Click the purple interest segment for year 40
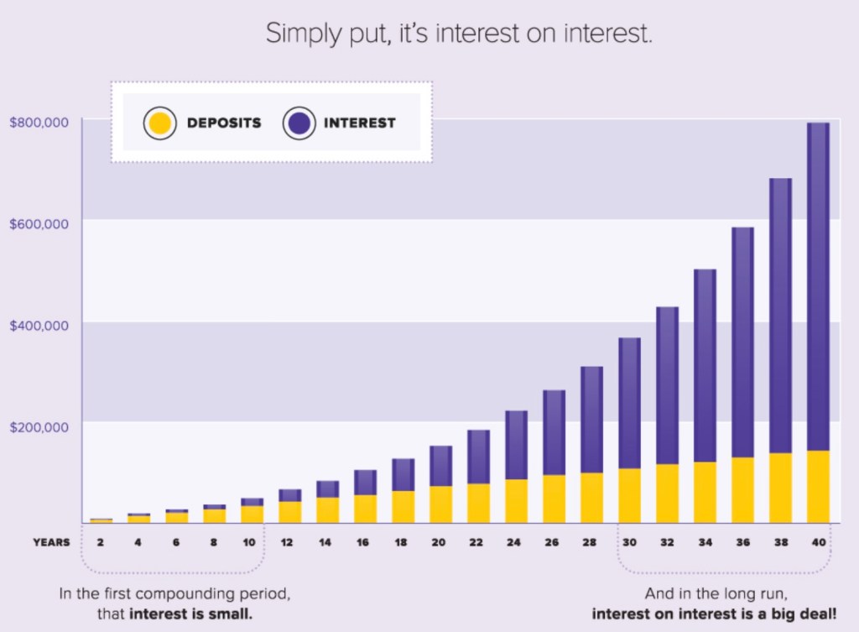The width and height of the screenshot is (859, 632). [x=818, y=285]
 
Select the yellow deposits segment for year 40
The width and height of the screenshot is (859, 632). [x=818, y=487]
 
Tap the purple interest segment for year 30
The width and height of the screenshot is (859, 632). [x=629, y=403]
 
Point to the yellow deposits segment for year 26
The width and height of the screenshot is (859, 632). [x=554, y=499]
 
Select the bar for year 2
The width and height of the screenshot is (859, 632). [x=101, y=520]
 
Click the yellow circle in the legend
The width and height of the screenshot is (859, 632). [x=159, y=123]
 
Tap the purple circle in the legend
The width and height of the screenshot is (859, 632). [x=299, y=123]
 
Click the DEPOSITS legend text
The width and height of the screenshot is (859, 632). [x=224, y=123]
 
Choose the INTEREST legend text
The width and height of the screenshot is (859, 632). [x=359, y=123]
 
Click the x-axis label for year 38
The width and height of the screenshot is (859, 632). [x=780, y=542]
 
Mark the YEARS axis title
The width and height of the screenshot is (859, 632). [x=52, y=542]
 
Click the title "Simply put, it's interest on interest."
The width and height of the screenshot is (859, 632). [x=459, y=34]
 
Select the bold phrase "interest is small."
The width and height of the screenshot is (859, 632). [x=190, y=614]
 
